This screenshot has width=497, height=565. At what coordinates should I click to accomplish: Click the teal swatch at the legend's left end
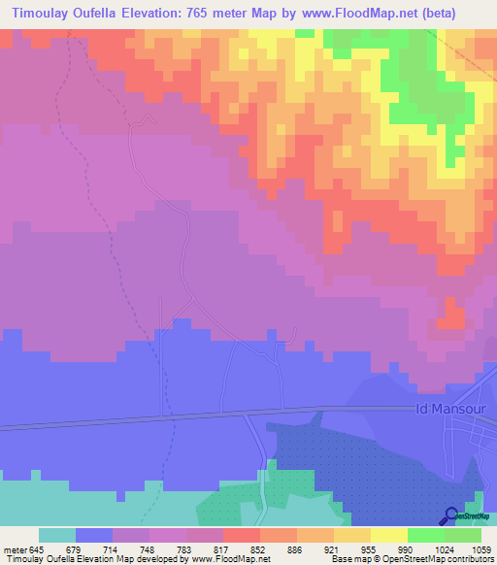[x=56, y=536]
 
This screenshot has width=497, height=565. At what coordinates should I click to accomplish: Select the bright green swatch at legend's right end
[x=463, y=536]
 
